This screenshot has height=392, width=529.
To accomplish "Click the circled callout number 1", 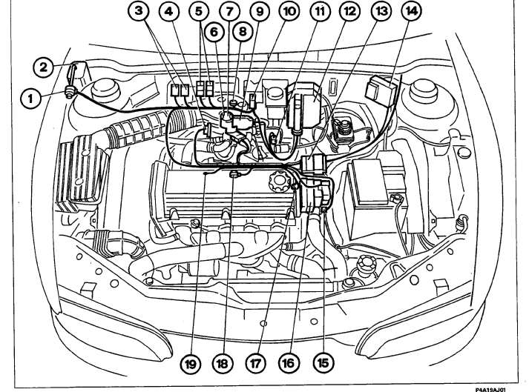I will click(30, 95).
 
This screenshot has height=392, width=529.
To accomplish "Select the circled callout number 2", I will click(45, 67).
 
